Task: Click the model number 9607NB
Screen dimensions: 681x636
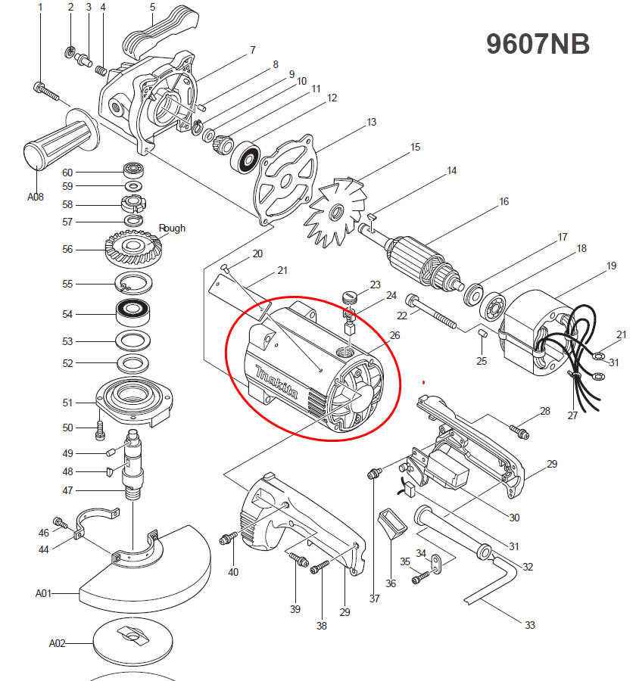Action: point(538,44)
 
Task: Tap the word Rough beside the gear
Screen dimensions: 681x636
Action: point(172,229)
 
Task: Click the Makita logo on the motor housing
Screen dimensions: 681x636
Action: point(277,382)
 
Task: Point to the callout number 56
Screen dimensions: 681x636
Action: point(67,249)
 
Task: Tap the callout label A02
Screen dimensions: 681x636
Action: point(58,643)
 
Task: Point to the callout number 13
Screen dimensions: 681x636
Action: point(371,122)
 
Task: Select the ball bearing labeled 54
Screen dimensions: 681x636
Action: point(132,313)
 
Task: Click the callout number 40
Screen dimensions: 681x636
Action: point(233,572)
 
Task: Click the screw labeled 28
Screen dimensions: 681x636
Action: point(519,432)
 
